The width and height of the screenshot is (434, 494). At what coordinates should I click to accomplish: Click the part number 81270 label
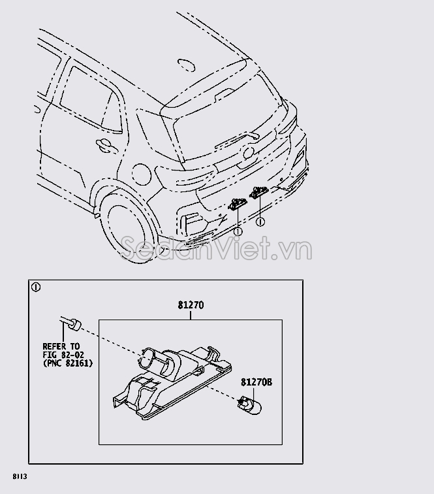[190, 305]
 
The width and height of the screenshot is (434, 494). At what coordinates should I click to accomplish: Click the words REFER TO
[61, 346]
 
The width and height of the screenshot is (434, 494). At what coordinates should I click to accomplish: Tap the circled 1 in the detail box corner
[37, 287]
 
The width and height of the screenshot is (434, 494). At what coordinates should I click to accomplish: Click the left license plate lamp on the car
[237, 205]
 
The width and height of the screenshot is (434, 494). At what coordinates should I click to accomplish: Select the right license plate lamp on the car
[258, 192]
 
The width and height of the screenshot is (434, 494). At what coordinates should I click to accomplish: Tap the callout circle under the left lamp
[238, 231]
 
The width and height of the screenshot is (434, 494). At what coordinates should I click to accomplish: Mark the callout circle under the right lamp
[260, 222]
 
